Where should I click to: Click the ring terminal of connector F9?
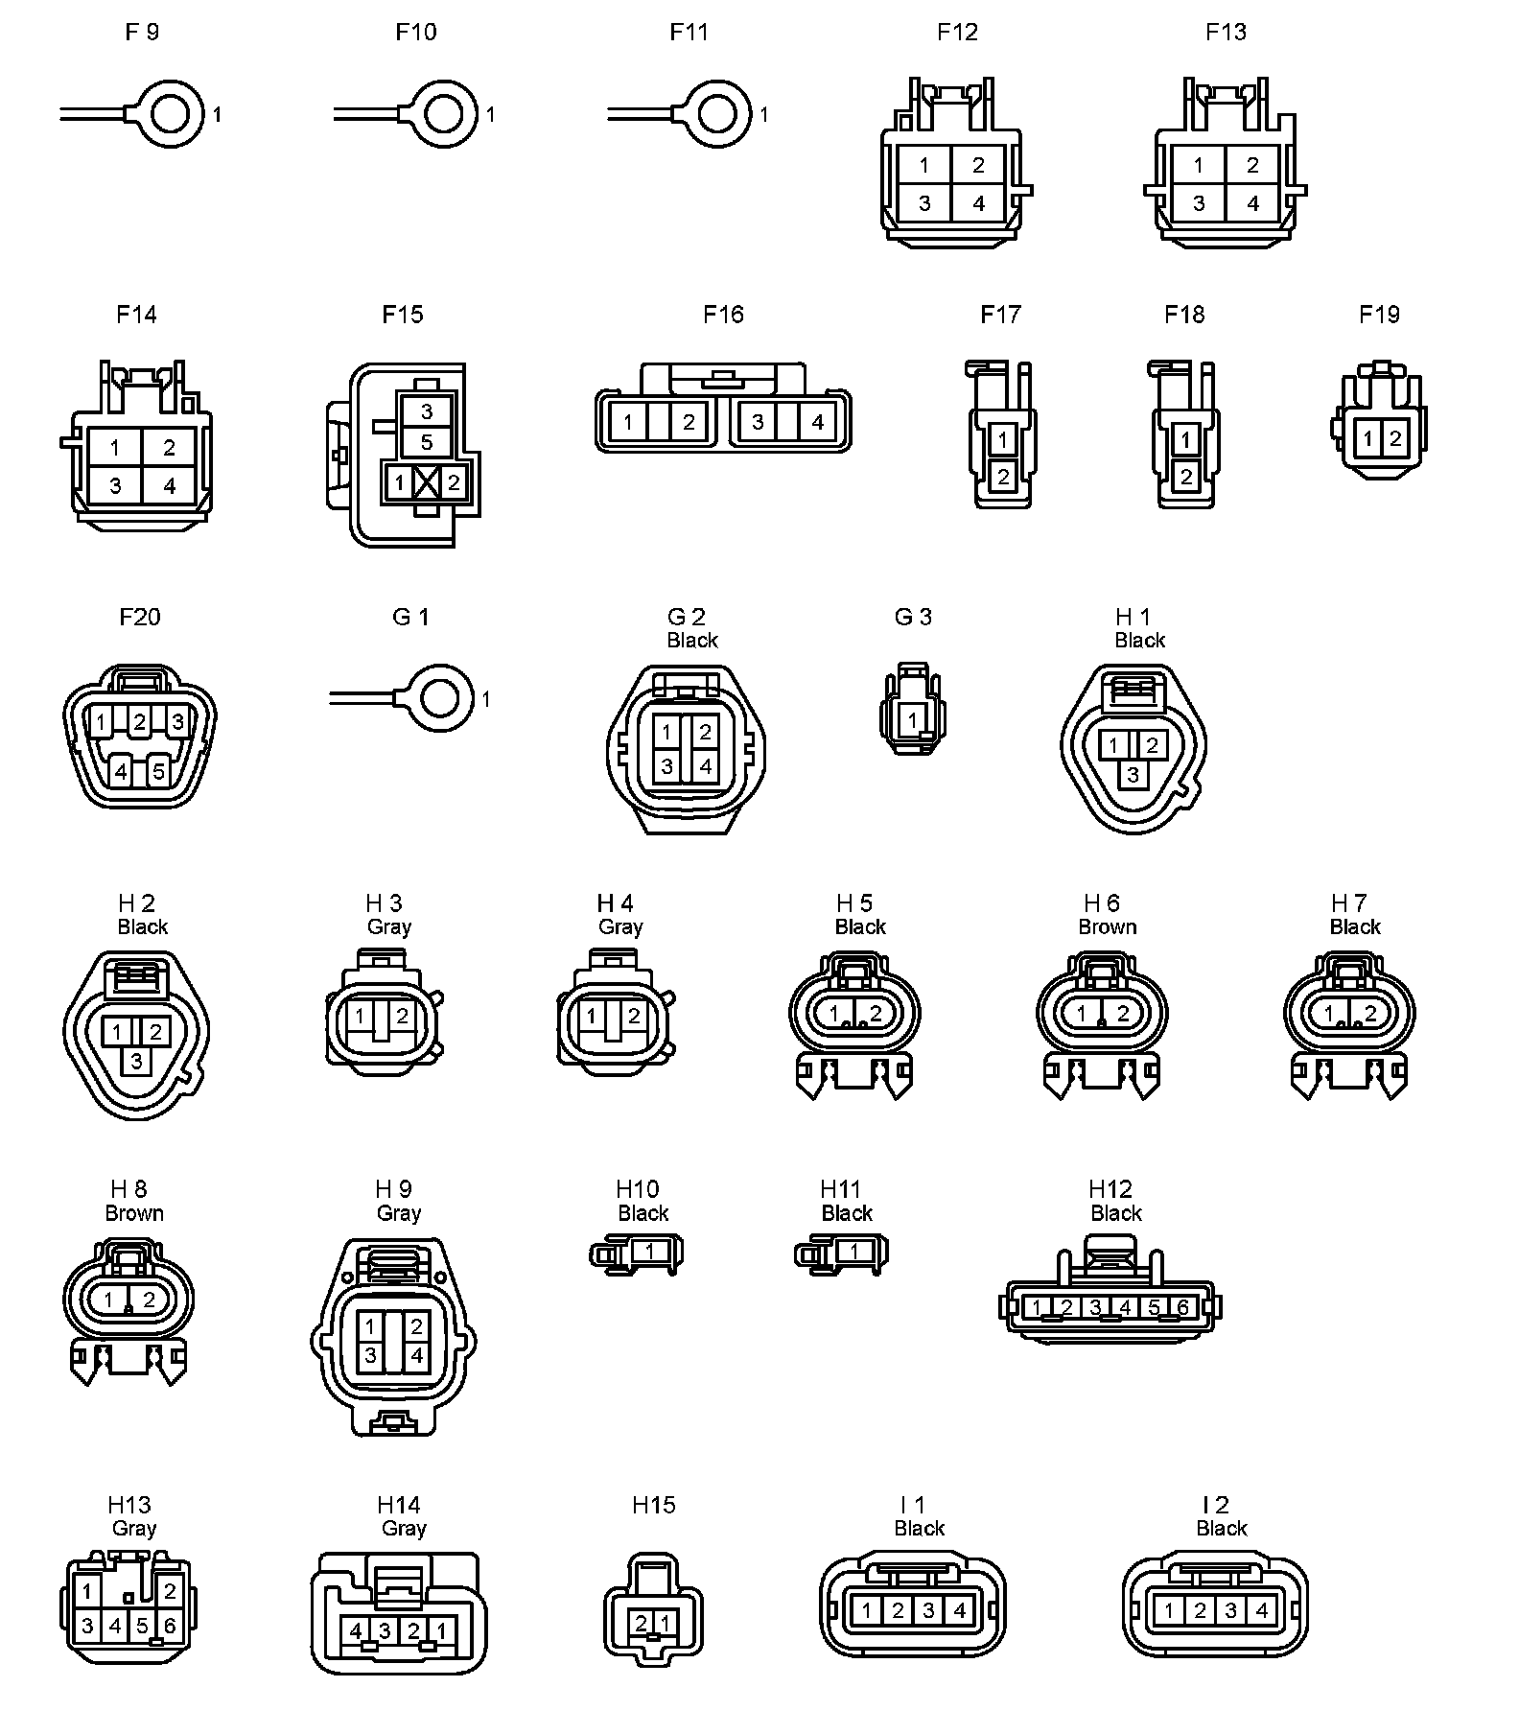(171, 114)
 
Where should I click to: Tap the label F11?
(689, 33)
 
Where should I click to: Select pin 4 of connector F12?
(978, 203)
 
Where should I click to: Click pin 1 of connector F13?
(1199, 165)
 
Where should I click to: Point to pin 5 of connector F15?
(427, 442)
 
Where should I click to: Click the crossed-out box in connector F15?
(427, 482)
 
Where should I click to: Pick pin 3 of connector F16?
(758, 421)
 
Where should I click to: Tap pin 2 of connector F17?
(1002, 475)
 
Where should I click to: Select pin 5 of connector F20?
(159, 770)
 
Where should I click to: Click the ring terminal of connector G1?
(440, 699)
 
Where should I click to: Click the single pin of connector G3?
(912, 719)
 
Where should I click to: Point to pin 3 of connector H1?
(1133, 774)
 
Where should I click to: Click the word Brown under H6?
(1108, 927)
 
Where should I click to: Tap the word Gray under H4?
(620, 927)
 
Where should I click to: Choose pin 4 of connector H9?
(416, 1356)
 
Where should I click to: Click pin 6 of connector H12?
(1182, 1307)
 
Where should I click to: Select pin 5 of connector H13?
(142, 1626)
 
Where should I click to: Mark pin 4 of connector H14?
(356, 1630)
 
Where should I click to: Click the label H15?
(654, 1506)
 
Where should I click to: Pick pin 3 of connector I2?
(1230, 1611)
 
